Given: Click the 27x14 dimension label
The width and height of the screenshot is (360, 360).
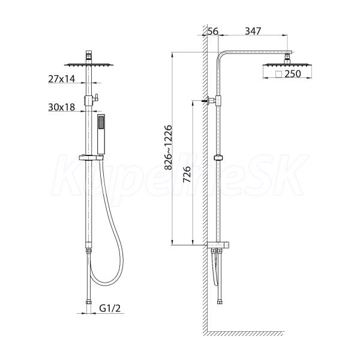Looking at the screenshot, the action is (62, 79).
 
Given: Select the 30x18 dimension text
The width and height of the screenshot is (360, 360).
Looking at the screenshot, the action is (62, 107).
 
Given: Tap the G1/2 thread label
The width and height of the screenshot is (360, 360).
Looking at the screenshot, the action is (110, 308).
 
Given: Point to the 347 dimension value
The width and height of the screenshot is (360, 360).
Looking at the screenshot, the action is (253, 31).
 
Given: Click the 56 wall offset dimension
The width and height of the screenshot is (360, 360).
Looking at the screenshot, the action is (212, 31).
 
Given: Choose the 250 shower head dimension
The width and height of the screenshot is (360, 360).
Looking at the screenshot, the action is (293, 74).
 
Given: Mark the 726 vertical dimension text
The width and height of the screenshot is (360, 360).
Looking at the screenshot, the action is (187, 174).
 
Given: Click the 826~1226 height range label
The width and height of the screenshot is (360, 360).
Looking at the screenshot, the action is (168, 147).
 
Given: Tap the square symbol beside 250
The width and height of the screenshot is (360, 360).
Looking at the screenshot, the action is (279, 74).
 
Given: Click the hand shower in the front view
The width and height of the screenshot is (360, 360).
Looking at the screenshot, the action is (101, 134).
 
